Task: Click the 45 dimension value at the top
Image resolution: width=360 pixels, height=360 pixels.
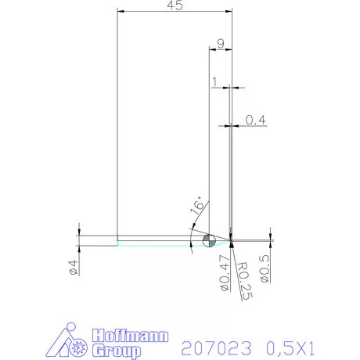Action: [175, 6]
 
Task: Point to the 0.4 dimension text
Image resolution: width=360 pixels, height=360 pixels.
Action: [256, 120]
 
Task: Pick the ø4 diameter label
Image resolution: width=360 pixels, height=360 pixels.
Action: [72, 266]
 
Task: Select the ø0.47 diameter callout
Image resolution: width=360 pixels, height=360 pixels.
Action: [221, 274]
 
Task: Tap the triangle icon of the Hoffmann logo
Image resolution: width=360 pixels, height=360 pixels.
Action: [70, 342]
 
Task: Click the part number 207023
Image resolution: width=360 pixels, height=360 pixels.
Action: [216, 345]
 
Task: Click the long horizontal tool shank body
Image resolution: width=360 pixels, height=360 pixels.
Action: [157, 240]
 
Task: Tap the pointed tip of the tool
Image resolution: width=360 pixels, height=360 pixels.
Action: [232, 239]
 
